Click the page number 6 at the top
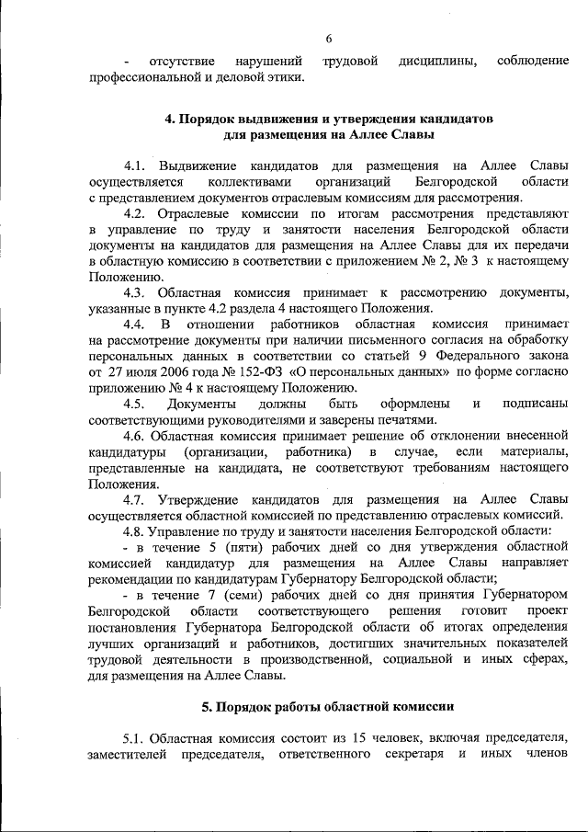(x=328, y=38)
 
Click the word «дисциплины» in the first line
(x=436, y=62)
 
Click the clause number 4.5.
(x=135, y=404)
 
